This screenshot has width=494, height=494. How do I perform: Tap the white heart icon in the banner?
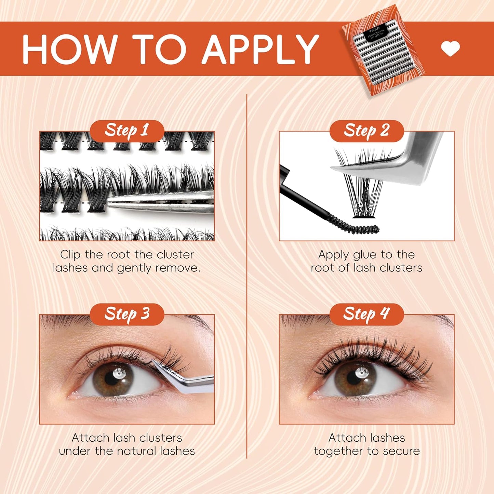pos(450,49)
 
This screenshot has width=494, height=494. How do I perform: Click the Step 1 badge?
pos(127,131)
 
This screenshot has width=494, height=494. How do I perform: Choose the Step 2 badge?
pos(366,131)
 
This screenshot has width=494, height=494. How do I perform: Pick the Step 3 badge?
pos(127,314)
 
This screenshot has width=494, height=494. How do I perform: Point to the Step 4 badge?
pos(366,314)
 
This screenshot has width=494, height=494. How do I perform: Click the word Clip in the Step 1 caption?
pos(70,255)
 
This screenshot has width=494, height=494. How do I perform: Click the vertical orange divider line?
pos(247,273)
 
